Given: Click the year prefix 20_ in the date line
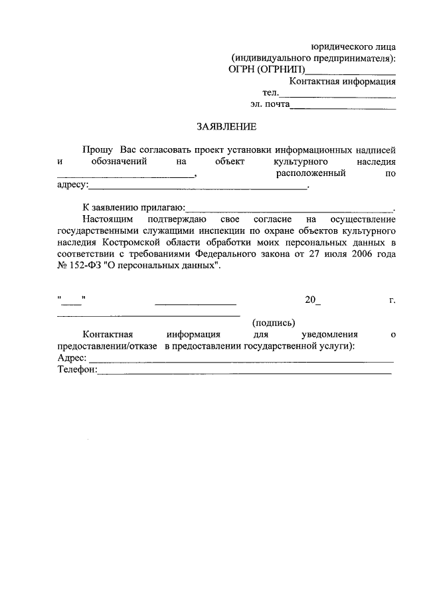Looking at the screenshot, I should [313, 300].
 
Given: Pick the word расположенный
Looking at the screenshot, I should [309, 173].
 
